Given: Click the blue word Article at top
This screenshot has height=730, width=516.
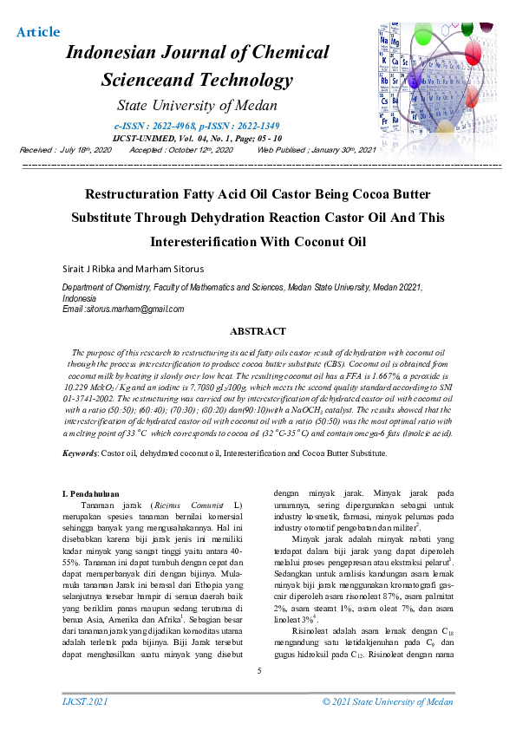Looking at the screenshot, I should click(x=38, y=33).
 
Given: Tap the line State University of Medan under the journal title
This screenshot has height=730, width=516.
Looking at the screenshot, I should click(x=197, y=107).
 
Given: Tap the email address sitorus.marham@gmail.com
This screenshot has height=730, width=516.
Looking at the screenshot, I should click(x=135, y=309).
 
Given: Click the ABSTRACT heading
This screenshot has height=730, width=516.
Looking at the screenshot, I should click(x=258, y=331).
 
